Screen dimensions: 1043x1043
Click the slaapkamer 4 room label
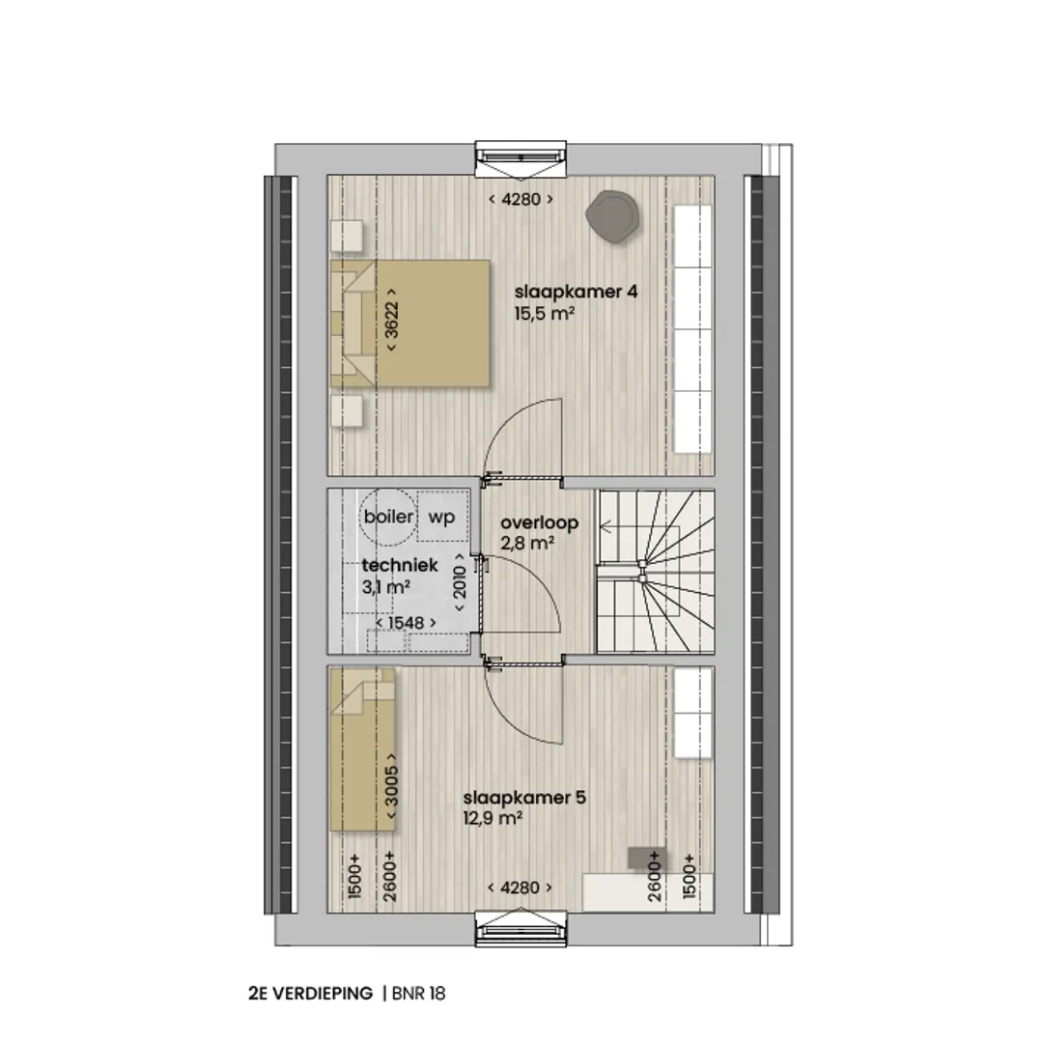[576, 292]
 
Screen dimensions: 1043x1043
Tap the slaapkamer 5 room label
[524, 798]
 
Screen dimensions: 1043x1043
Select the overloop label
[540, 522]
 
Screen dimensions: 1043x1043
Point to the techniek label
[400, 565]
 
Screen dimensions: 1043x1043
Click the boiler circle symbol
[388, 517]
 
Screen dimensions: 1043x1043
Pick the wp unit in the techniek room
[442, 516]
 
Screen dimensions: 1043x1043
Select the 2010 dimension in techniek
[460, 582]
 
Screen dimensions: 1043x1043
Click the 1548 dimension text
[406, 623]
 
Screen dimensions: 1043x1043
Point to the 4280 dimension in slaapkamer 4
[521, 199]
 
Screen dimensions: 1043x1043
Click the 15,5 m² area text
[544, 313]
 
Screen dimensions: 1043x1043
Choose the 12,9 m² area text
[493, 818]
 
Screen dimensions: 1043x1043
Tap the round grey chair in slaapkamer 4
[612, 216]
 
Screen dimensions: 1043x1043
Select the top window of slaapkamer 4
[521, 160]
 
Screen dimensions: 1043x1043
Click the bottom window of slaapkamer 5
[521, 929]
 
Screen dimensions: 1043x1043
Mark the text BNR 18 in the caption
[418, 993]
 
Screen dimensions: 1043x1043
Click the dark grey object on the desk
[646, 859]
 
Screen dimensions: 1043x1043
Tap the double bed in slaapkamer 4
[410, 324]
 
